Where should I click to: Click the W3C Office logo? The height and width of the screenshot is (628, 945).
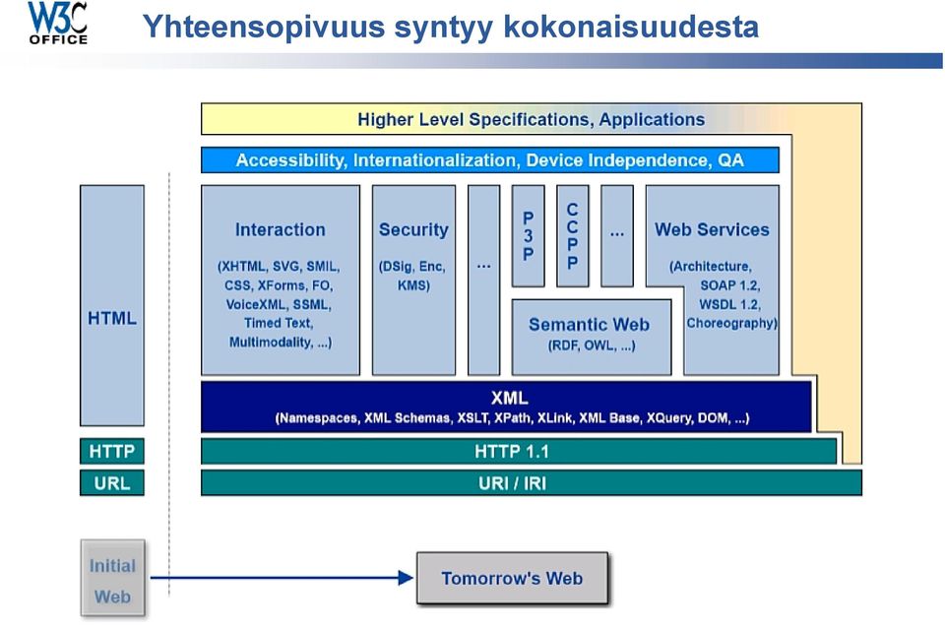(58, 23)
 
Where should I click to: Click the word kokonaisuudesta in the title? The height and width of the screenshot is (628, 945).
(631, 27)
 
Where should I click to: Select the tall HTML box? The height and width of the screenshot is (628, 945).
(112, 305)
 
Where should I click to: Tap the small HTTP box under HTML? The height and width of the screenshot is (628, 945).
(112, 452)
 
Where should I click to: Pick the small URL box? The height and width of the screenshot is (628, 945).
(112, 482)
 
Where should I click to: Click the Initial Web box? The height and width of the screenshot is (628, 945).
(112, 578)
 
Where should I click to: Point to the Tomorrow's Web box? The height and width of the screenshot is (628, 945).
(512, 578)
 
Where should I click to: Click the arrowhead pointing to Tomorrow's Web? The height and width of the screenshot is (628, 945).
(406, 578)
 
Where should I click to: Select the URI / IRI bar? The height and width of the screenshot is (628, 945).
(531, 482)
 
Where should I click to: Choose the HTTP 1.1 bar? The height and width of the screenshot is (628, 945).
(519, 452)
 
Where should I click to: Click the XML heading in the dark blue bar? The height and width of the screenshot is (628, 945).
(509, 398)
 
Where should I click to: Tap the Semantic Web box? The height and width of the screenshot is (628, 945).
(592, 337)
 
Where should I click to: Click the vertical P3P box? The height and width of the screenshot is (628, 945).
(528, 235)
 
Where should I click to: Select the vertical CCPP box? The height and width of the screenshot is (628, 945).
(573, 235)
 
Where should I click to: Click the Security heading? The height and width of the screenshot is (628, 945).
(413, 229)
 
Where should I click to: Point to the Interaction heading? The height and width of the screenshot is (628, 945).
(281, 229)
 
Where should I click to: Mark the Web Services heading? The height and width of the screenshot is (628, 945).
(713, 229)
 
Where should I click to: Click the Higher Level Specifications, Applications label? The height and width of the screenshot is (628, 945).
(531, 119)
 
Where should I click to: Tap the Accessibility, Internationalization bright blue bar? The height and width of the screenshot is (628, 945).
(490, 160)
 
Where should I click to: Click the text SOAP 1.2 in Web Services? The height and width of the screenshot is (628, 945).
(729, 285)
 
